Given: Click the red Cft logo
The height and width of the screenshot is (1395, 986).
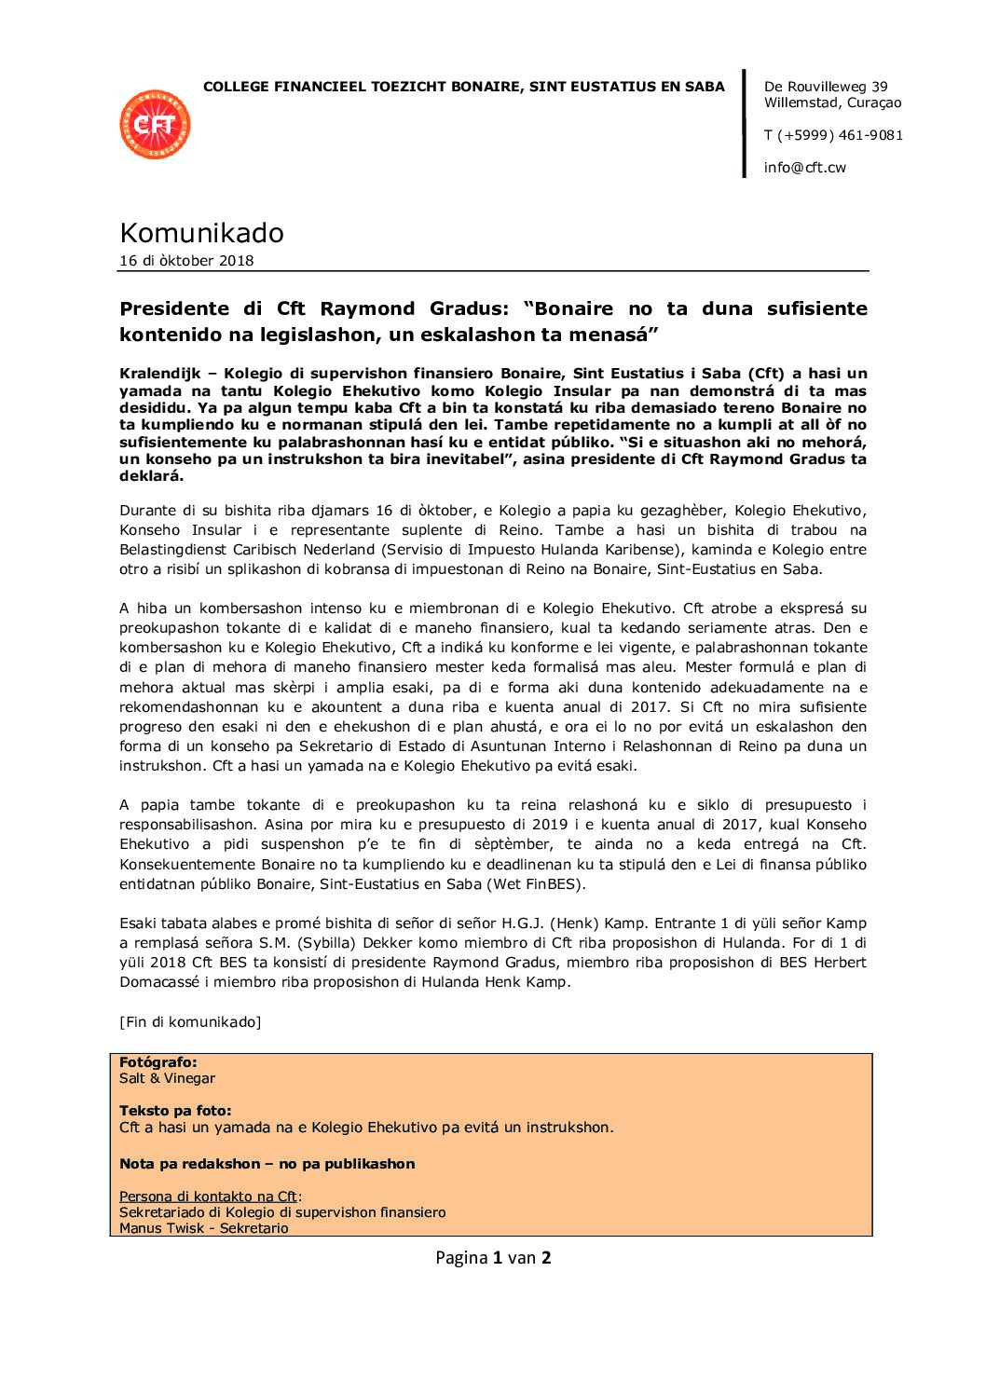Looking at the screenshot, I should point(155,125).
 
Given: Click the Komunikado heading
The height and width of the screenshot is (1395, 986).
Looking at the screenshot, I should point(201,233).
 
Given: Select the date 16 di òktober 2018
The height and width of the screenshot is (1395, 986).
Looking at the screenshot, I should point(186,261).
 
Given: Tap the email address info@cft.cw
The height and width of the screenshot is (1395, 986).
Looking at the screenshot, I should point(804,168).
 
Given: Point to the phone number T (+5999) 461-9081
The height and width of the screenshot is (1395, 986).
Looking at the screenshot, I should point(833,135).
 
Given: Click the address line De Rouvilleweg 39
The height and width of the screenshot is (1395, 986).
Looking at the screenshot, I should point(826,87).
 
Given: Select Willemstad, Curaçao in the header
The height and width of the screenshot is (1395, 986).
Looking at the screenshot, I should point(832,103).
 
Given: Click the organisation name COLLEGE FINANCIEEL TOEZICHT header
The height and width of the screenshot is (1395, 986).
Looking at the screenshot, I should point(463,87).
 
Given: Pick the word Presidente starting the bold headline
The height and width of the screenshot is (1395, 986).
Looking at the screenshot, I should point(174,308).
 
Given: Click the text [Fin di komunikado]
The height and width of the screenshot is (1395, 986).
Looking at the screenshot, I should point(190,1022).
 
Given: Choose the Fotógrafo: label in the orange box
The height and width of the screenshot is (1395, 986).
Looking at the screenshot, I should point(157,1062).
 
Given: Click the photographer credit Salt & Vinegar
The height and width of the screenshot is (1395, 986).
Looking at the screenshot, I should point(167,1078).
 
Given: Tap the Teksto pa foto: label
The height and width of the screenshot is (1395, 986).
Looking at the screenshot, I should point(175,1111).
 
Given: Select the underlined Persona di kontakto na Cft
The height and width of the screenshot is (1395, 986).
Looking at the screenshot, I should point(208,1197).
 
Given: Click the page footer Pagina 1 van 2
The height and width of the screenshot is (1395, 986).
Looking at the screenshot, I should point(493,1258).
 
